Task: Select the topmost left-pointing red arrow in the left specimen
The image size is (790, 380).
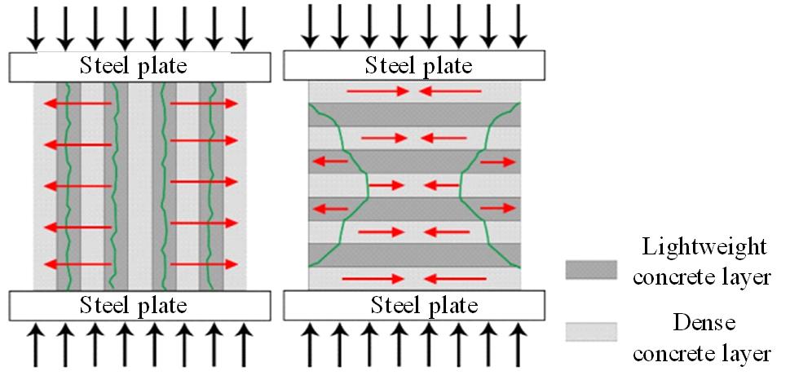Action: pyautogui.click(x=78, y=103)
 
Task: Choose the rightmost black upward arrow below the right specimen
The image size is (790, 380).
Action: pyautogui.click(x=517, y=347)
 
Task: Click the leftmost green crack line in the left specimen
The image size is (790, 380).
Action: pyautogui.click(x=68, y=188)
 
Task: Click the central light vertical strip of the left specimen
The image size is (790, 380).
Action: pyautogui.click(x=139, y=188)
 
